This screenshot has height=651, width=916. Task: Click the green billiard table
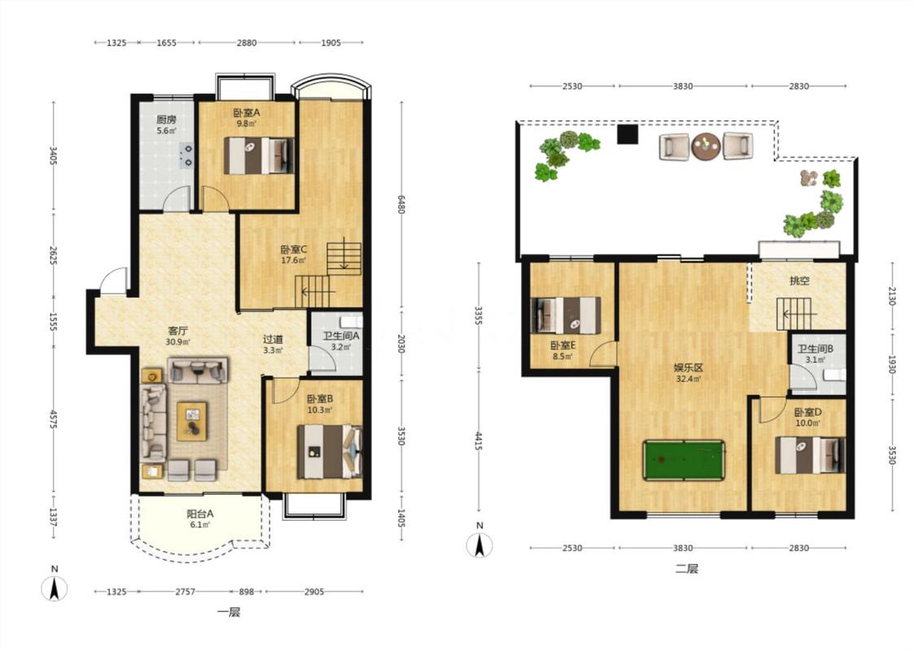coord(683,460)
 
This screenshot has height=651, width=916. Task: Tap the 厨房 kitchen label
coord(166,120)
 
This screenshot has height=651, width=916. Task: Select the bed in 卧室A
coord(259,155)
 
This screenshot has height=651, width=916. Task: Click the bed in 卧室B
coord(330,452)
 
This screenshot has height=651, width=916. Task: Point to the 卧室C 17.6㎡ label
coord(293,255)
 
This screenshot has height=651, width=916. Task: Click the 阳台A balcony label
coord(199,514)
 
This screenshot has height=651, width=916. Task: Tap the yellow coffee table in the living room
coord(192,421)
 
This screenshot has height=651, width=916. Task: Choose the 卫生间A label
coord(340,336)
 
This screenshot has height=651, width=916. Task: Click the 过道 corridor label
coord(273,339)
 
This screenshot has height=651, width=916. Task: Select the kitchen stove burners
coord(186,155)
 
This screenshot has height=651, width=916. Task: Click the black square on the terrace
coord(627,134)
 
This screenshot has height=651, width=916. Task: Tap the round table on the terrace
coord(706,146)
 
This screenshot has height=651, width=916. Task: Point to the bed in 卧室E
coord(566,316)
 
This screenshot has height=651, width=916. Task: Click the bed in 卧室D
coord(809,455)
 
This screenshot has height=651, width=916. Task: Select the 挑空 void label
coord(800,281)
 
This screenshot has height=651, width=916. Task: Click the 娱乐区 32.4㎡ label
coord(688,373)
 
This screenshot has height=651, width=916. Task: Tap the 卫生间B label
coord(816,349)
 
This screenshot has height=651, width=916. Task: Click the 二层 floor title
coord(686,569)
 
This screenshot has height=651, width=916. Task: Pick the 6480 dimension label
coord(401,203)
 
